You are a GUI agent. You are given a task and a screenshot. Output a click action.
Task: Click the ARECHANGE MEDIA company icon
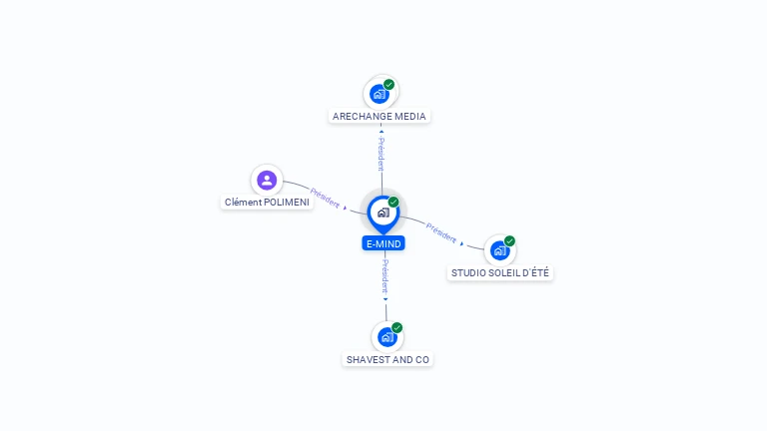380,94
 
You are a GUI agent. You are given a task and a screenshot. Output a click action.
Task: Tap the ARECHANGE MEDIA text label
380,117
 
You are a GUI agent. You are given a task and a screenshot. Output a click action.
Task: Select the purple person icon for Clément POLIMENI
266,181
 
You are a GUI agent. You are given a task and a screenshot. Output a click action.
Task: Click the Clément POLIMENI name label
267,203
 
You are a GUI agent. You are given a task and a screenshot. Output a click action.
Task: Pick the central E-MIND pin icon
383,213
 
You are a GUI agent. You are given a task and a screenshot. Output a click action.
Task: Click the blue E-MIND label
383,243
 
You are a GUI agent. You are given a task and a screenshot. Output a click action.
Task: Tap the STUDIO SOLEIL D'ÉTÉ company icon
499,250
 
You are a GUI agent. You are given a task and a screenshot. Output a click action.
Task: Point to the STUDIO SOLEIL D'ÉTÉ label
499,273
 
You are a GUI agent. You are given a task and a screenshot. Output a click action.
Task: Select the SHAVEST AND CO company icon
386,337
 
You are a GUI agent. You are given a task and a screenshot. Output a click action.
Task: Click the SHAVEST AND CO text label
387,359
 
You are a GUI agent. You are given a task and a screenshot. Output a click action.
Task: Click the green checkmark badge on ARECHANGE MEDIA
389,85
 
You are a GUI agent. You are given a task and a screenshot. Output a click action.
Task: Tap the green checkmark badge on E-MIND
393,203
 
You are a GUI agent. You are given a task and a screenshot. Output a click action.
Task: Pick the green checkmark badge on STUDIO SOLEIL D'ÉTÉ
509,241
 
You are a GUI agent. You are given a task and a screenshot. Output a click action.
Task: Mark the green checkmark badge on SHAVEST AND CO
396,328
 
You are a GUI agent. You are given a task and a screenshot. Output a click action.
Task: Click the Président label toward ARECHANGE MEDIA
381,154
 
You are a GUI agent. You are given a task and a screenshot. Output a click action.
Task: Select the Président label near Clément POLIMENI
326,198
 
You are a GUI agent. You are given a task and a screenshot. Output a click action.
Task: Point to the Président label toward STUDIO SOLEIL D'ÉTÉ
441,231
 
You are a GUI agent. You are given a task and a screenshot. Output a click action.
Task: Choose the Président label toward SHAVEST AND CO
385,276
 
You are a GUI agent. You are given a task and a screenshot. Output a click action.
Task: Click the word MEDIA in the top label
409,117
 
